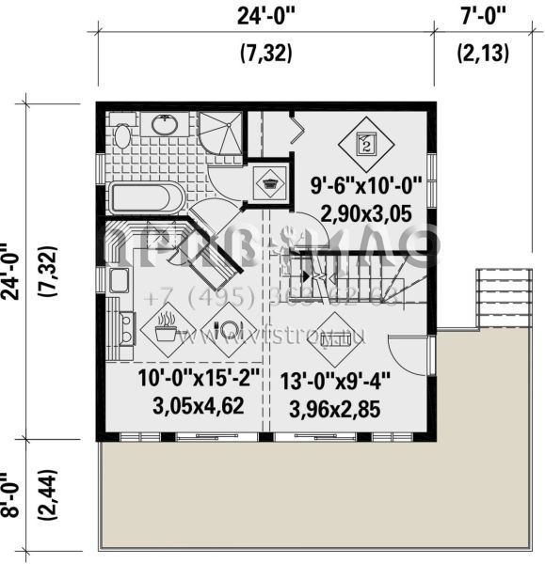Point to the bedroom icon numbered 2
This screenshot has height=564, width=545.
click(x=365, y=144)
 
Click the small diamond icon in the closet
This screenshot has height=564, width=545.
click(x=271, y=182)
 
